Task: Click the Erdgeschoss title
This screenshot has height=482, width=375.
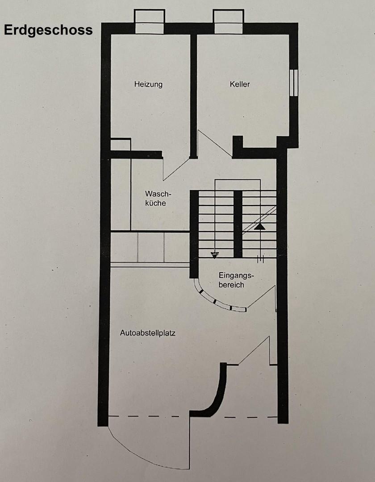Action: pyautogui.click(x=48, y=30)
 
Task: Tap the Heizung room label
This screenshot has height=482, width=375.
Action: pyautogui.click(x=148, y=84)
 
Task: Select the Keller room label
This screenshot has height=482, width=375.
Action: pyautogui.click(x=240, y=84)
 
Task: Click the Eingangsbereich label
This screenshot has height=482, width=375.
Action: pyautogui.click(x=231, y=279)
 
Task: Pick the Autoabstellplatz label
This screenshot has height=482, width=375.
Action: pyautogui.click(x=147, y=333)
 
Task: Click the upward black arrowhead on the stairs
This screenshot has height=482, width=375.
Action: pyautogui.click(x=260, y=226)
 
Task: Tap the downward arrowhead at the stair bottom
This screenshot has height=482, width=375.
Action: pyautogui.click(x=215, y=255)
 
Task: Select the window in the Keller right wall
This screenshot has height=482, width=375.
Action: pyautogui.click(x=293, y=83)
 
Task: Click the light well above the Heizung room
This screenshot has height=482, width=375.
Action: pyautogui.click(x=150, y=22)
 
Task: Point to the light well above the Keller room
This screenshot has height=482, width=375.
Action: pyautogui.click(x=228, y=22)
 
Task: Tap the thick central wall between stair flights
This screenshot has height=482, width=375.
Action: pyautogui.click(x=238, y=223)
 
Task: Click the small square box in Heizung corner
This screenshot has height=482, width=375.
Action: pyautogui.click(x=121, y=145)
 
